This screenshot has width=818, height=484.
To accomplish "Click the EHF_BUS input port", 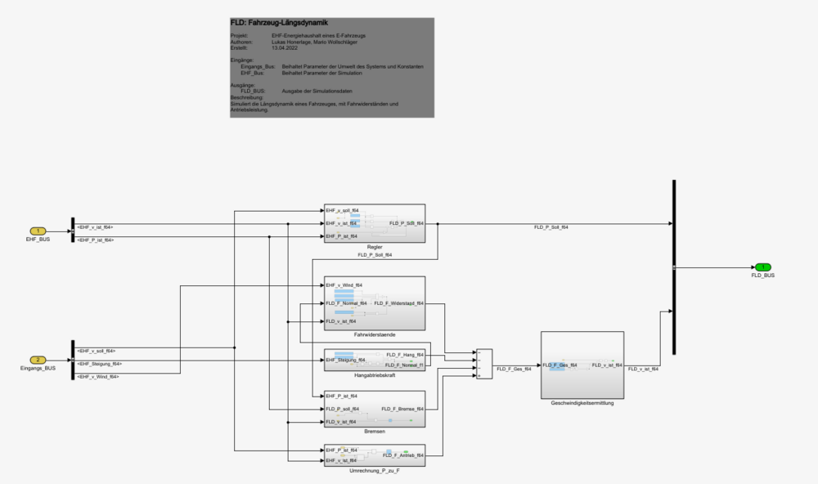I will [x=38, y=231].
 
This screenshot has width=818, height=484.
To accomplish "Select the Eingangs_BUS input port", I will [x=38, y=360].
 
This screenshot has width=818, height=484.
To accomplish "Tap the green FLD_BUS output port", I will [x=762, y=267].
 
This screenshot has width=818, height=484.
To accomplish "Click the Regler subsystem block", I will [x=375, y=222].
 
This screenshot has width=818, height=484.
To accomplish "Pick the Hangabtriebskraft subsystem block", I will [x=375, y=360].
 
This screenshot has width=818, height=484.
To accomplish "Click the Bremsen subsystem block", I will [x=375, y=408].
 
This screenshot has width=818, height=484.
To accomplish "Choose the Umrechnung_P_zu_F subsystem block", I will [x=375, y=455].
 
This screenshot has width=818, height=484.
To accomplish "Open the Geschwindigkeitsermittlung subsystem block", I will [x=582, y=365].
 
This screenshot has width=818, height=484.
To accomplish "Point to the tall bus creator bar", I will [x=674, y=267].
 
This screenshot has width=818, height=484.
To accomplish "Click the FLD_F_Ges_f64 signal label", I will [x=514, y=370].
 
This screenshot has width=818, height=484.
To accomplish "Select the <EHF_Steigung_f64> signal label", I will [x=100, y=364].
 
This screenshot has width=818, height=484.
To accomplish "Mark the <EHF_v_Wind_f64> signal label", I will [x=98, y=377].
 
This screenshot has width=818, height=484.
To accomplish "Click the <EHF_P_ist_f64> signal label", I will [x=95, y=240].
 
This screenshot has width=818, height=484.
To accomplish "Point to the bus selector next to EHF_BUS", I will [x=73, y=231].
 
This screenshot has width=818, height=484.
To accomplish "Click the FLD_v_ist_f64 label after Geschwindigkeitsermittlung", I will [x=643, y=370].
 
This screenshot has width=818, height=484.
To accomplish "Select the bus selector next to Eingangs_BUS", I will [x=73, y=361].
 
